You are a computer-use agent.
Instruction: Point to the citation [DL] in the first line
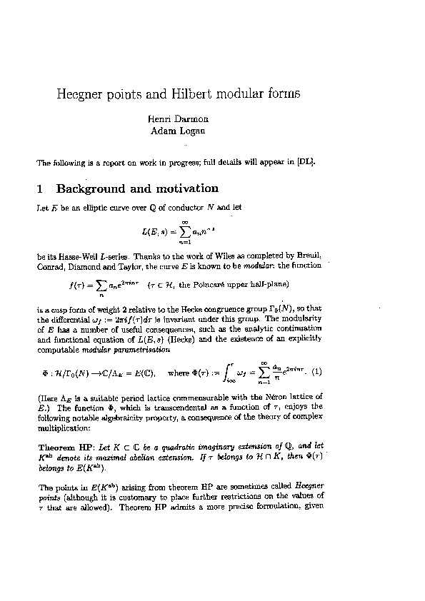[x=306, y=162]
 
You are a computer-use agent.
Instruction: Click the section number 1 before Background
[x=40, y=189]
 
